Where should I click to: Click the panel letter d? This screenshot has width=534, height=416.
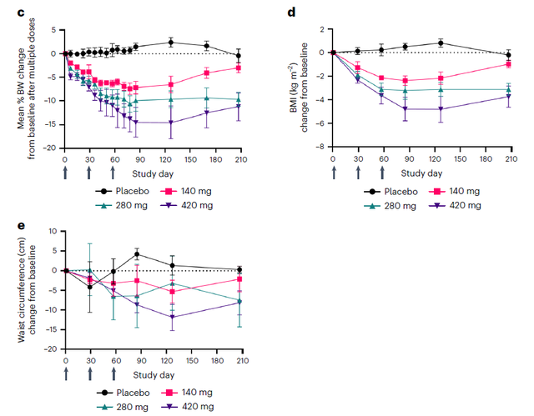[x=291, y=12]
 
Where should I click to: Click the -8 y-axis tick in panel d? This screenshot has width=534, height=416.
[x=321, y=147]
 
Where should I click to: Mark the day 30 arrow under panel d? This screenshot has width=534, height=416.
[x=358, y=173]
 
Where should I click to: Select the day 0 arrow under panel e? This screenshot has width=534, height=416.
[x=64, y=374]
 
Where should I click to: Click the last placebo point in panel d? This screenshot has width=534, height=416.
[x=509, y=55]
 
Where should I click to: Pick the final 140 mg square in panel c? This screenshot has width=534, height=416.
[x=239, y=68]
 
